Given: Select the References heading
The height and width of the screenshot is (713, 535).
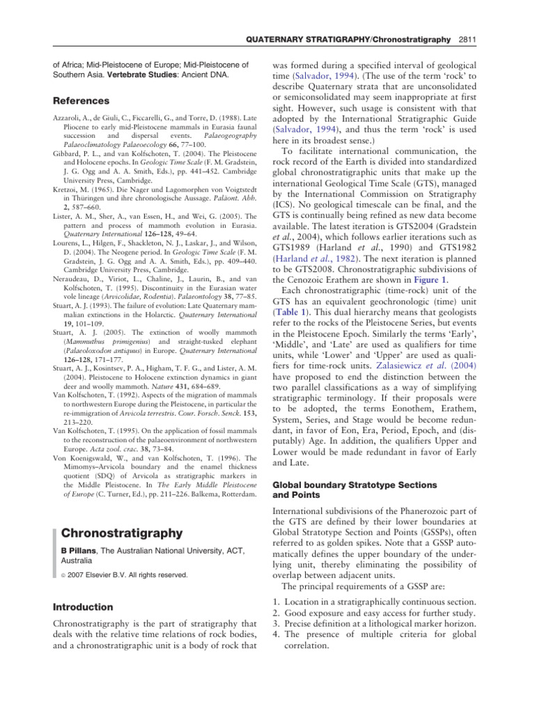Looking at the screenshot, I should pyautogui.click(x=86, y=101).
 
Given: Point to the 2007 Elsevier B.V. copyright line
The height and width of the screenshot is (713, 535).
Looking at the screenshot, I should pyautogui.click(x=124, y=575).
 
